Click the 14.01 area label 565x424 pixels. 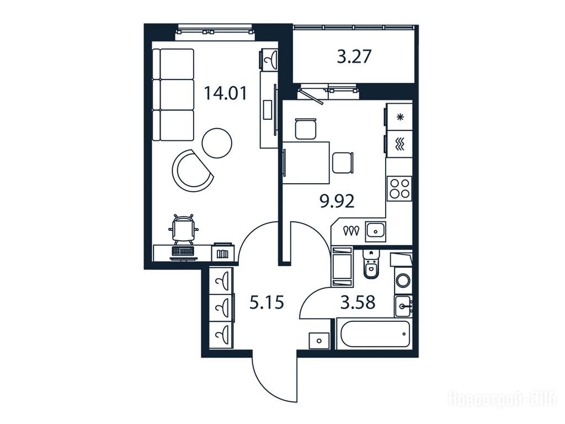click(x=226, y=93)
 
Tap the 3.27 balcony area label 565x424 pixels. click(x=354, y=57)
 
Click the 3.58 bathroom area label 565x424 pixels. click(x=358, y=302)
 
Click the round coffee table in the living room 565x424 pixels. click(x=217, y=142)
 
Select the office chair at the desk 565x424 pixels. click(x=183, y=229)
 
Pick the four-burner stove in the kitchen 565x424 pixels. click(x=399, y=188)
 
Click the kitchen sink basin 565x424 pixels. click(x=376, y=231)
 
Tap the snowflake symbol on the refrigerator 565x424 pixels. click(x=399, y=117)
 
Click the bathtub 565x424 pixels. click(x=374, y=333)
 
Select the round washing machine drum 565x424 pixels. click(x=403, y=280)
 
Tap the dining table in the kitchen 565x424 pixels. click(x=307, y=163)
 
